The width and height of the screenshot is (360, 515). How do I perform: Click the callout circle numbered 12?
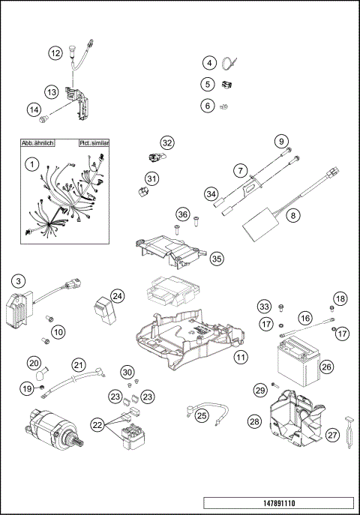(55, 53)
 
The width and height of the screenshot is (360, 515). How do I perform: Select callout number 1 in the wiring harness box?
(31, 163)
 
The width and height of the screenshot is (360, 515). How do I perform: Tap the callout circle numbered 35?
(217, 258)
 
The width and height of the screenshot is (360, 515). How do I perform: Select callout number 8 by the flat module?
(293, 214)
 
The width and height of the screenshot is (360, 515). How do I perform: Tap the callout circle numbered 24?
(117, 296)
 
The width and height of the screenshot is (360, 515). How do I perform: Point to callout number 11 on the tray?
(239, 357)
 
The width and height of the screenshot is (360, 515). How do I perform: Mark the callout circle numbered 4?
(209, 63)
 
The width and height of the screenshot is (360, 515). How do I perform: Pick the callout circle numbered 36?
(181, 214)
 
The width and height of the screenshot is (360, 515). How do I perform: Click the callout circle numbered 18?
(340, 299)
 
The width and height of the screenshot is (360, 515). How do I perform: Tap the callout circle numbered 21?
(79, 365)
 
